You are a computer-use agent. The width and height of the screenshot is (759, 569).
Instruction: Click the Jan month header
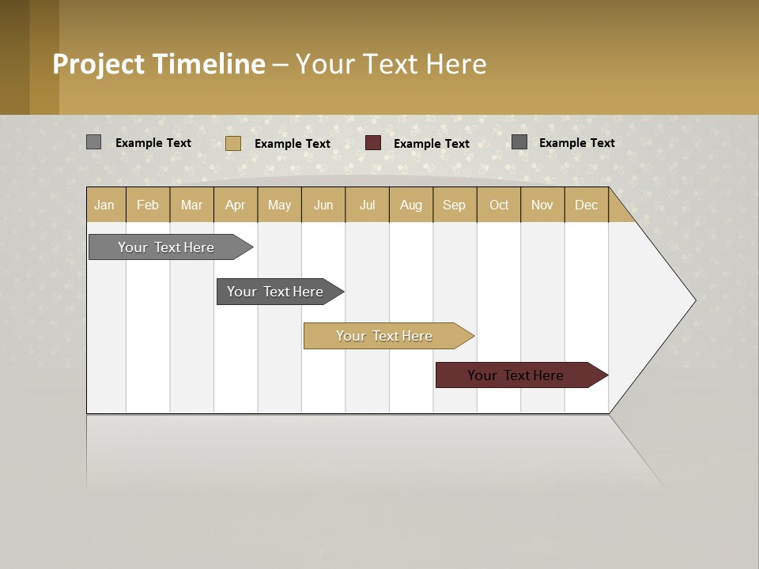click(105, 205)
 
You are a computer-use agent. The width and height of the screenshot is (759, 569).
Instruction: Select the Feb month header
click(148, 205)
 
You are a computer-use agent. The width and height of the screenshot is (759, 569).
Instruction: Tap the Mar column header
click(191, 205)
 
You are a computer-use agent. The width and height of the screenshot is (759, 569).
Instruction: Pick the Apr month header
click(236, 205)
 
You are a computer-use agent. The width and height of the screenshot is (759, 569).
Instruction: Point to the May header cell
click(279, 205)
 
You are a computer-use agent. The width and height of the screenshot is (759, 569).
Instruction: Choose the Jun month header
click(323, 205)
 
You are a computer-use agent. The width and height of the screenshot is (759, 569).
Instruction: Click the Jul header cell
click(367, 205)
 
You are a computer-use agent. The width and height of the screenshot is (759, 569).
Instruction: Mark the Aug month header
click(411, 205)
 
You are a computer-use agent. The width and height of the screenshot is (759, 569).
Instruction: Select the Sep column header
click(455, 205)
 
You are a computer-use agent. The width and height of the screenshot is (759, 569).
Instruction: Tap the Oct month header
click(499, 205)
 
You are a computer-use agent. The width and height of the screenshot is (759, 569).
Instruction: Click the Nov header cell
click(542, 205)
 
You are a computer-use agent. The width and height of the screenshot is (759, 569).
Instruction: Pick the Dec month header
click(587, 205)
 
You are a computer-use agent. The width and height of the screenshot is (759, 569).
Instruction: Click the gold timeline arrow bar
click(385, 336)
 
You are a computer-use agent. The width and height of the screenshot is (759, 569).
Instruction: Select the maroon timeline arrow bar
click(516, 375)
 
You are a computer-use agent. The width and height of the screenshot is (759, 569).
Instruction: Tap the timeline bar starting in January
click(167, 247)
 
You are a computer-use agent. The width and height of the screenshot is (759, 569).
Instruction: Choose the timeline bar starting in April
click(276, 292)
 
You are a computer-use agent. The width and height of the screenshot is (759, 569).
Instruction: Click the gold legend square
click(232, 143)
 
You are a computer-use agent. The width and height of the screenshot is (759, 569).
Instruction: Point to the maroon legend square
click(373, 143)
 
